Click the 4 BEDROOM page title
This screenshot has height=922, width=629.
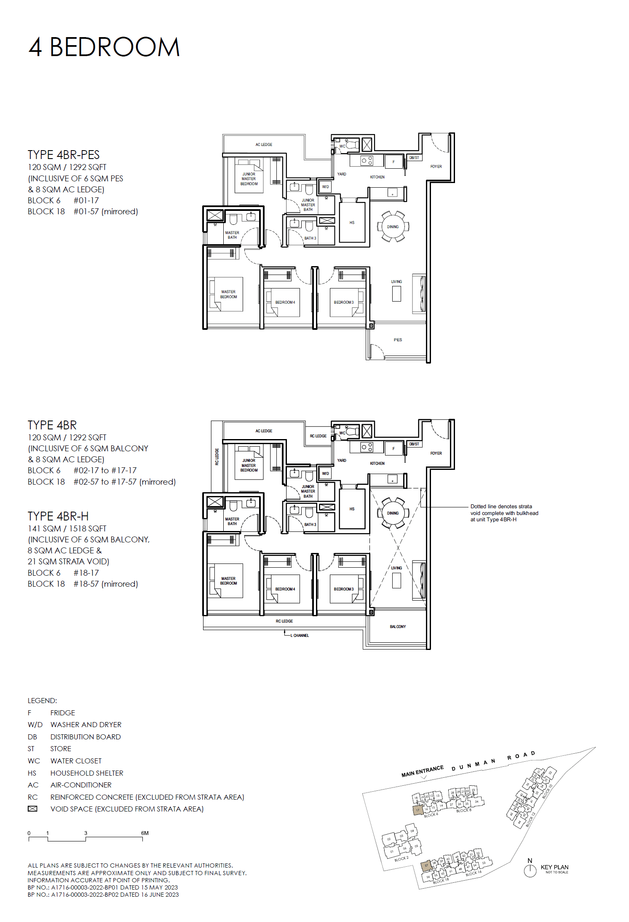[x=104, y=47]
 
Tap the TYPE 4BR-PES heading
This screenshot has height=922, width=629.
[x=64, y=155]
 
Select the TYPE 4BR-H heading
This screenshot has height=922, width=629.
[x=58, y=516]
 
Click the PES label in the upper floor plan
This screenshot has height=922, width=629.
[x=398, y=340]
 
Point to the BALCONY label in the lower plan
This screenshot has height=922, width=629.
[x=398, y=627]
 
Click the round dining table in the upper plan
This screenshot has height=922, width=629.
[x=393, y=227]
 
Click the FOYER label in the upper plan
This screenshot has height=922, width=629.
[x=436, y=167]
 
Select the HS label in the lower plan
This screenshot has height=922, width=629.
[x=352, y=509]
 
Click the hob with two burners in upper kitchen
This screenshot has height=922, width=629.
[x=367, y=161]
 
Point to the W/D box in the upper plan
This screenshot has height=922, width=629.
[x=325, y=187]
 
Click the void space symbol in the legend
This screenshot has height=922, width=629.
[x=32, y=809]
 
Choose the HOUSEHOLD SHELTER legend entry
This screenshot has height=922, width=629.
[x=87, y=773]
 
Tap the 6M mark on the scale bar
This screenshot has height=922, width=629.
[x=145, y=833]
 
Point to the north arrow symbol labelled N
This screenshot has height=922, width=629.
[x=530, y=870]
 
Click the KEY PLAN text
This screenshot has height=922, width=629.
[x=554, y=867]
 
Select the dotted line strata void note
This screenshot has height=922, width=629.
[x=504, y=513]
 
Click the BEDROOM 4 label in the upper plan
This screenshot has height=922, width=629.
[x=285, y=302]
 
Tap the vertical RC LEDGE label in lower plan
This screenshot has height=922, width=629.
[x=217, y=456]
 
